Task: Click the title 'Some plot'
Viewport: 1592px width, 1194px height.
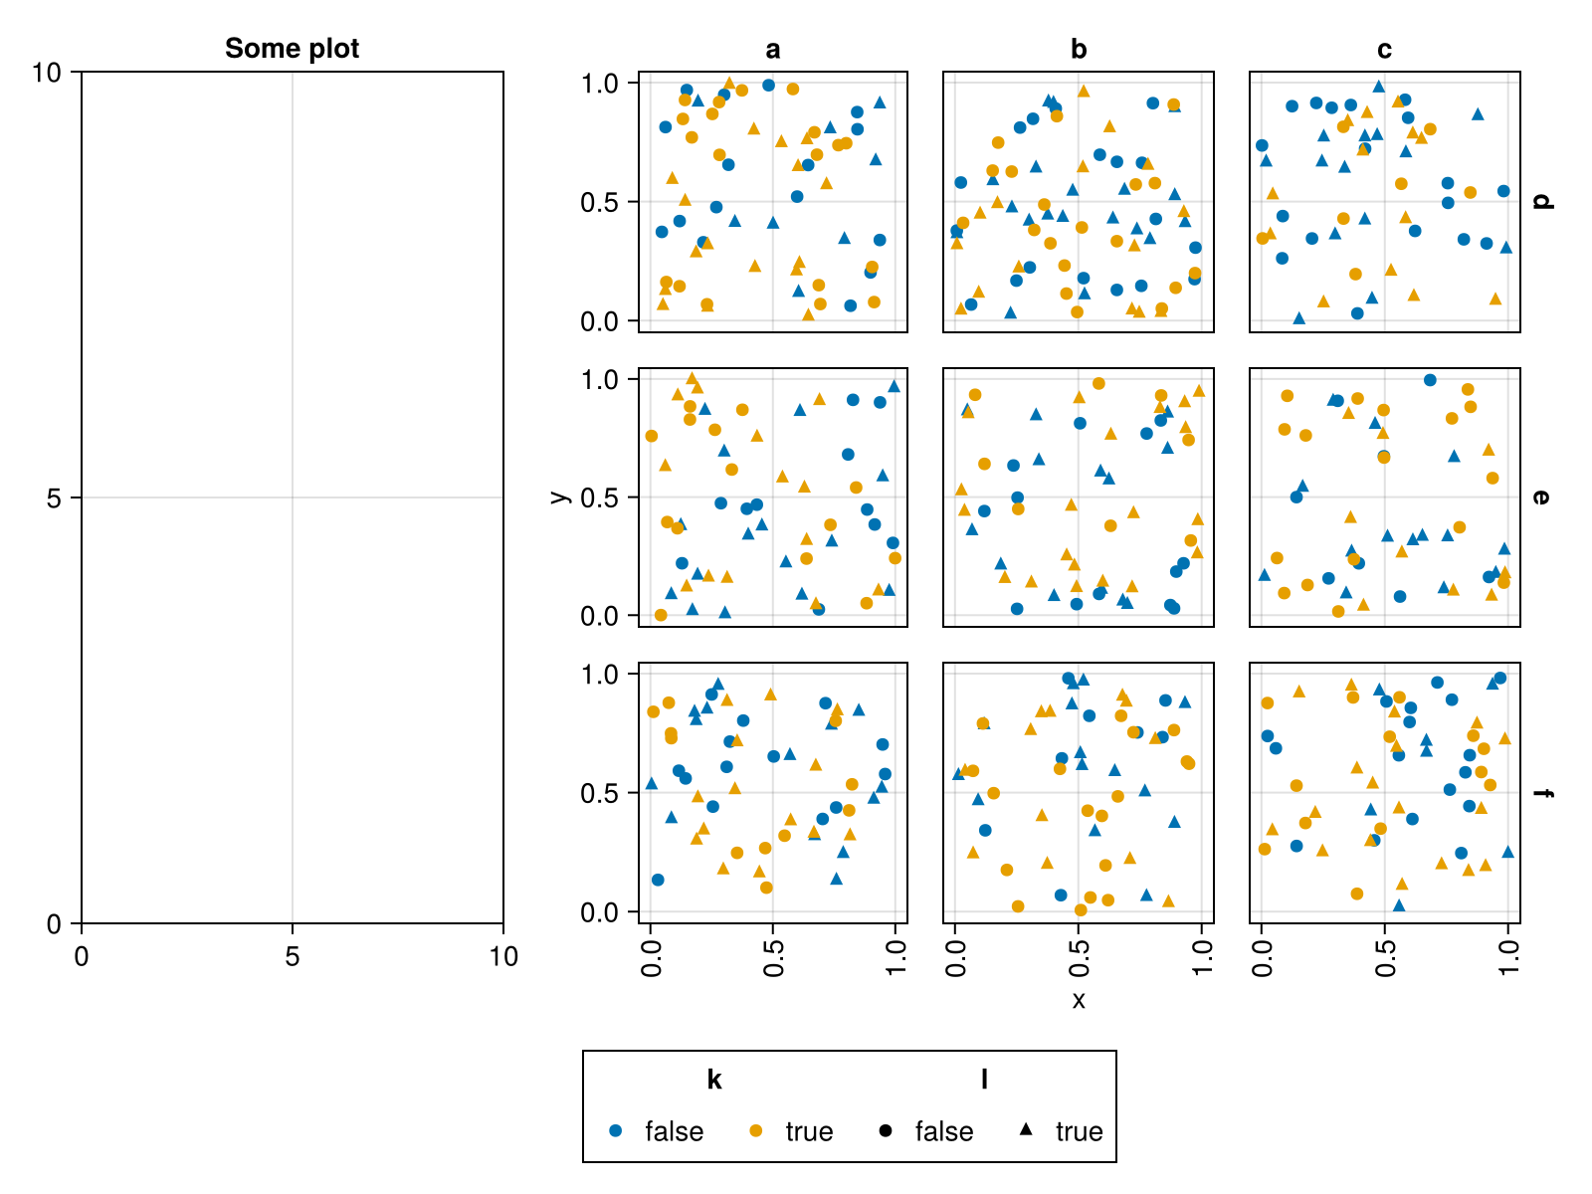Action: pyautogui.click(x=292, y=48)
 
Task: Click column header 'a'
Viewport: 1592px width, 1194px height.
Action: pyautogui.click(x=773, y=50)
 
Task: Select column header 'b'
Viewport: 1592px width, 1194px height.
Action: pyautogui.click(x=1079, y=50)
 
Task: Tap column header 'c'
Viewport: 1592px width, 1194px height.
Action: pyautogui.click(x=1384, y=50)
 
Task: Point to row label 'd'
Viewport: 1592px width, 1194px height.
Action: pyautogui.click(x=1541, y=201)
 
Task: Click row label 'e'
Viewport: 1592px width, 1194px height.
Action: pyautogui.click(x=1541, y=497)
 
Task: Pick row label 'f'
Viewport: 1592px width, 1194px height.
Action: pyautogui.click(x=1541, y=793)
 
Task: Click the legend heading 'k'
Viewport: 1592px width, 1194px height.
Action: pyautogui.click(x=713, y=1080)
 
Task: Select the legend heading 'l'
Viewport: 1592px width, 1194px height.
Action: pyautogui.click(x=984, y=1080)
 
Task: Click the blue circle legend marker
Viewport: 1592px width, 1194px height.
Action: pyautogui.click(x=615, y=1130)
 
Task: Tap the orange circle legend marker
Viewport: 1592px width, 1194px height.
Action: pyautogui.click(x=755, y=1130)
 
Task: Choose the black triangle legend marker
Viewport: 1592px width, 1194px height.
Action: pyautogui.click(x=1026, y=1130)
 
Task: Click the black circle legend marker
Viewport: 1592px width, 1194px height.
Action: pyautogui.click(x=886, y=1130)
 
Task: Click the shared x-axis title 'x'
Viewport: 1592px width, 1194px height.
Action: pyautogui.click(x=1079, y=1000)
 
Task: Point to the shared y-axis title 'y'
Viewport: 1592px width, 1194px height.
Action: pyautogui.click(x=559, y=497)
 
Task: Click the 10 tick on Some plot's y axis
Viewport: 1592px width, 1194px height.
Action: pyautogui.click(x=46, y=73)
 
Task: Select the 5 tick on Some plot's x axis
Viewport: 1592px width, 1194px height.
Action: pyautogui.click(x=292, y=957)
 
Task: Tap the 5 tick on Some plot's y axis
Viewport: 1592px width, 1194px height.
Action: pyautogui.click(x=54, y=497)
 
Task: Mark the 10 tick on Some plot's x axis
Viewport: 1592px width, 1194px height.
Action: pyautogui.click(x=503, y=957)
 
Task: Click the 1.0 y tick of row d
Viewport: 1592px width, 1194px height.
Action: pyautogui.click(x=600, y=84)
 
